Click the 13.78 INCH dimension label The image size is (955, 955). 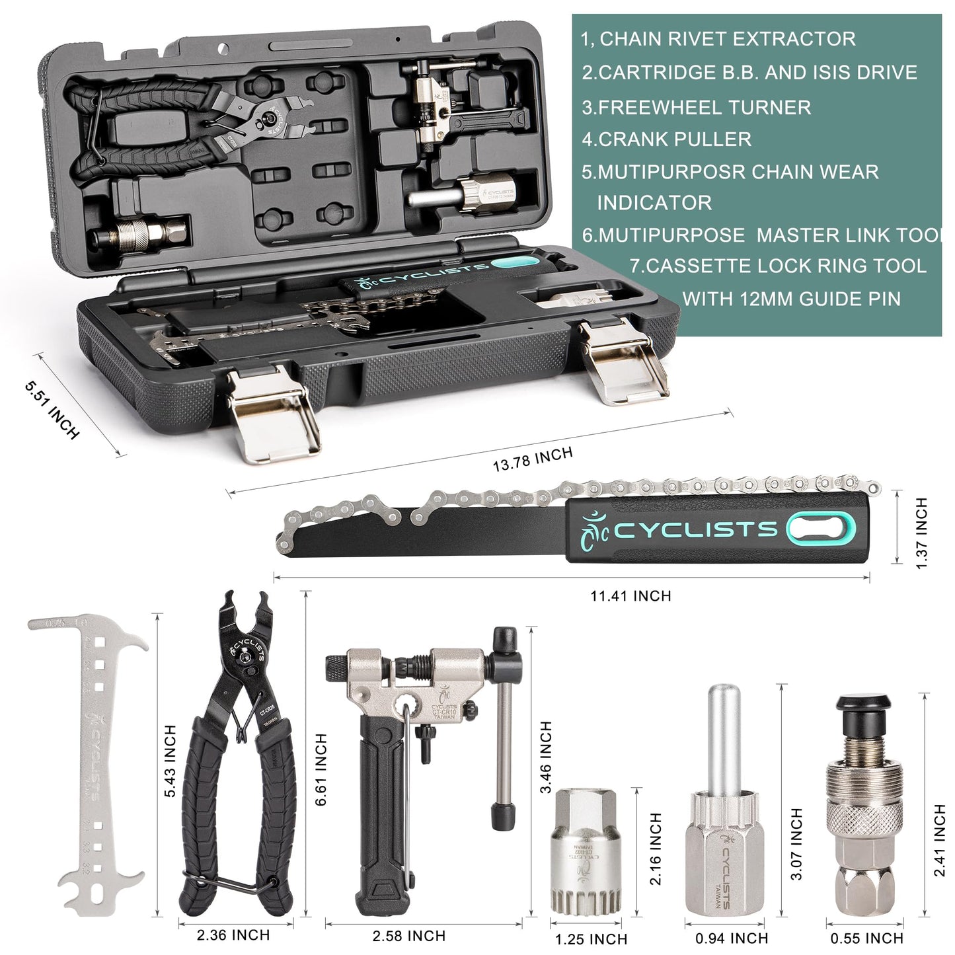(533, 459)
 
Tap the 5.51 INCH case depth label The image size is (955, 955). (52, 410)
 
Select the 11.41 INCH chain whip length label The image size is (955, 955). (630, 596)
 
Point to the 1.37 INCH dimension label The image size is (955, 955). (922, 533)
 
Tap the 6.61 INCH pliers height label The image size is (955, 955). (321, 769)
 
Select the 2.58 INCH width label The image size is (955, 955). (408, 936)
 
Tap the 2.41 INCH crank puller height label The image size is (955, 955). (939, 840)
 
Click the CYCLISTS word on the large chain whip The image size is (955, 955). (696, 530)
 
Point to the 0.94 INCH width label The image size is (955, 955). (731, 938)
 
